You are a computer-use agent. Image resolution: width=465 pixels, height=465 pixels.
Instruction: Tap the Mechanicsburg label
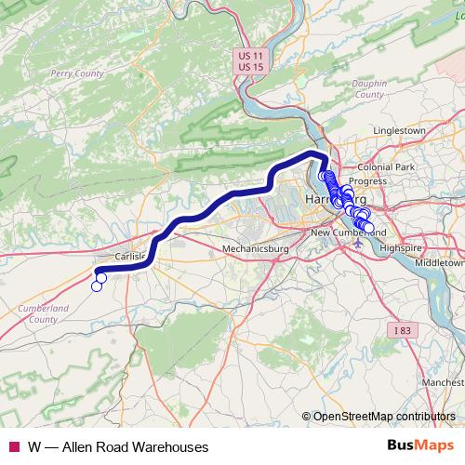pyautogui.click(x=257, y=249)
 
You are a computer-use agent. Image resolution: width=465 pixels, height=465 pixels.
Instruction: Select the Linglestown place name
pyautogui.click(x=398, y=131)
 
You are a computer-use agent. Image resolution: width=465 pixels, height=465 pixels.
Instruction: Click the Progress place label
pyautogui.click(x=367, y=181)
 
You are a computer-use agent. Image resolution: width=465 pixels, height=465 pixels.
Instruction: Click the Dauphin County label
pyautogui.click(x=369, y=89)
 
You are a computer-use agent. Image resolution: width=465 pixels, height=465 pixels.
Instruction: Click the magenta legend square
pyautogui.click(x=13, y=446)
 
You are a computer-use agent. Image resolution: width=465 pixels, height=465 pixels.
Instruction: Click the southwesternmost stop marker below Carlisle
pyautogui.click(x=96, y=286)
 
